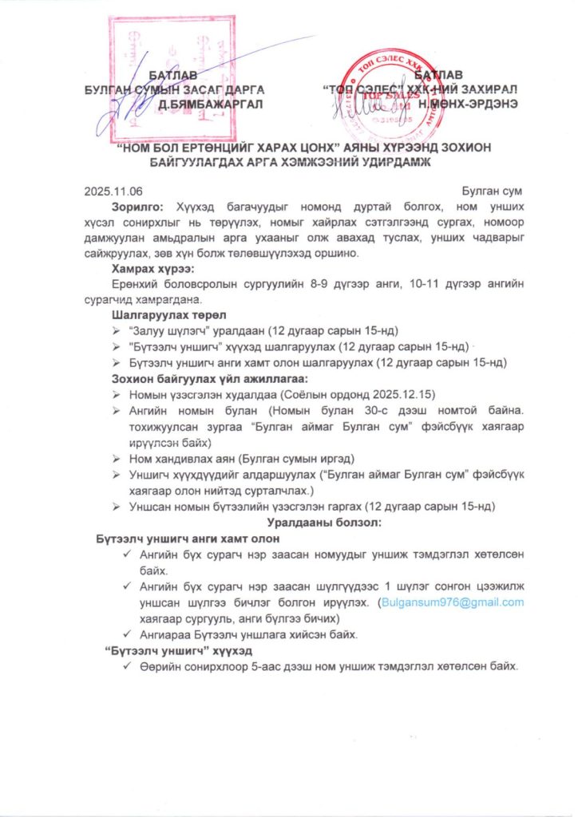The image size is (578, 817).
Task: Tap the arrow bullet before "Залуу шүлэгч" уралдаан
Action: (x=120, y=331)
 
